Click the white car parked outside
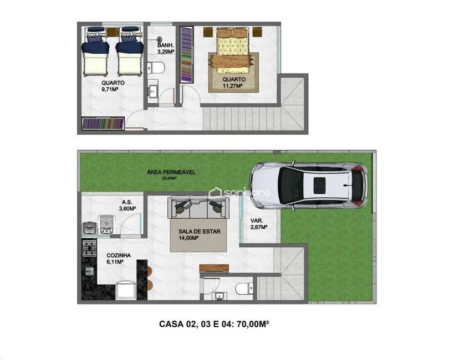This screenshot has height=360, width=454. [x=308, y=186]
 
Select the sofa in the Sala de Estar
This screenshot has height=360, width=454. [x=198, y=208]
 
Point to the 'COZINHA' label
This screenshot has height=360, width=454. [x=119, y=256]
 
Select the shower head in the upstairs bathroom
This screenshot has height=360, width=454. [x=159, y=40]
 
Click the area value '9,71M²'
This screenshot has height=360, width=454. [x=113, y=89]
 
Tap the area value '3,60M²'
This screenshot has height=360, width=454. [x=127, y=209]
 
